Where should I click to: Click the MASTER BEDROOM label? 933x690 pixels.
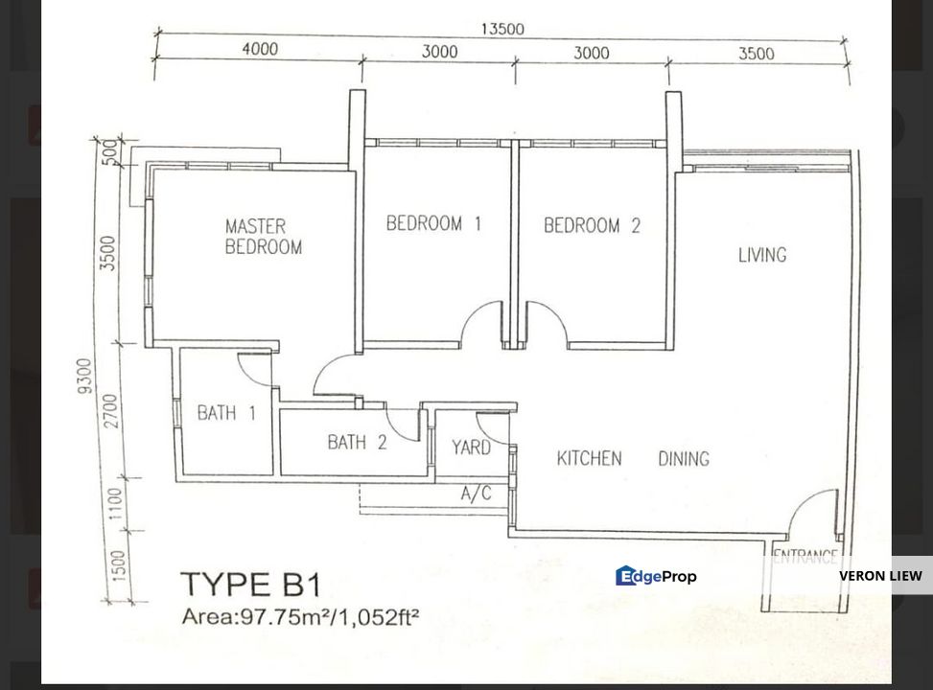pos(264,236)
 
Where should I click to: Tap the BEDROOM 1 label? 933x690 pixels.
pos(433,223)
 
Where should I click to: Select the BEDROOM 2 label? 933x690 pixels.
pos(592,225)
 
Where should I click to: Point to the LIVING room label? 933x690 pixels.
pos(762,255)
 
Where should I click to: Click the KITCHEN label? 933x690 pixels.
pos(589,458)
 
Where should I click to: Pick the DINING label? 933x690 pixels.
pos(684,459)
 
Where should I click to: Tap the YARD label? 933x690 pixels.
pos(471,447)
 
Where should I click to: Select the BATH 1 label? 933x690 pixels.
pos(226,412)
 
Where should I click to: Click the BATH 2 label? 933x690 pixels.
pos(357,442)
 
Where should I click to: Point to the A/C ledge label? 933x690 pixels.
pos(476,494)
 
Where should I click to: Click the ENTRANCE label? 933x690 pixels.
pos(805,557)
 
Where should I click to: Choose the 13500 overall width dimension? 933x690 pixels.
pos(502,29)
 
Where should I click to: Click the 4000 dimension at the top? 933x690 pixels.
pos(260,48)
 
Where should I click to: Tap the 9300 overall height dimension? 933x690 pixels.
pos(85,376)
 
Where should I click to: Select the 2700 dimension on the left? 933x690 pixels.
pos(112,410)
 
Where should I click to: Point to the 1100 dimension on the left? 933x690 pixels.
pos(115,503)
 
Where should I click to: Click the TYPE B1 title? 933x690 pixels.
pos(250,585)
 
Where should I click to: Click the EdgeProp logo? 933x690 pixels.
pos(656,576)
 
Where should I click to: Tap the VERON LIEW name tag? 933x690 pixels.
pos(880,576)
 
